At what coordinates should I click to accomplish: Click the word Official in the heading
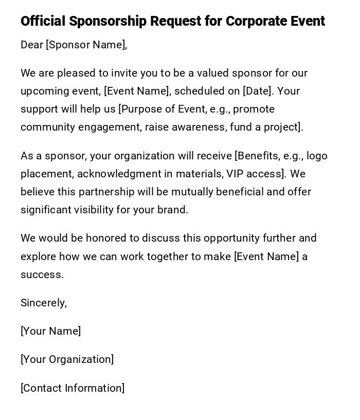[x=43, y=21]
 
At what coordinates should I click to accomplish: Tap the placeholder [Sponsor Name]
[x=86, y=45]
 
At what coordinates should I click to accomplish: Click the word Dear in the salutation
[x=32, y=45]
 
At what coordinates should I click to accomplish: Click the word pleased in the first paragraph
[x=76, y=73]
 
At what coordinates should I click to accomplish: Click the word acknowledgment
[x=117, y=174]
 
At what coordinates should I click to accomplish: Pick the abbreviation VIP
[x=236, y=174]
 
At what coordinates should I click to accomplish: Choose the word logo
[x=317, y=156]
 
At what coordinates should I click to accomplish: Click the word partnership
[x=112, y=192]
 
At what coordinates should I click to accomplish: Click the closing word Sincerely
[x=44, y=303]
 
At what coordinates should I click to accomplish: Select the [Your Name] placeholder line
[x=50, y=331]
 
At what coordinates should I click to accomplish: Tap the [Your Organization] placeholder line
[x=67, y=359]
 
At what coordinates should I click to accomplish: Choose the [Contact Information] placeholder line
[x=73, y=388]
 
